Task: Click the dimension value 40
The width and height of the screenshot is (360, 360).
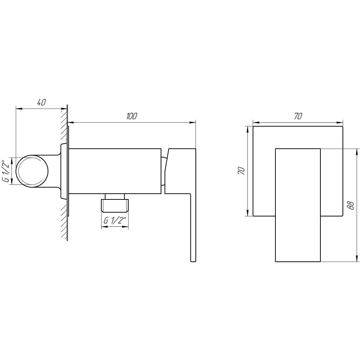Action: (x=41, y=103)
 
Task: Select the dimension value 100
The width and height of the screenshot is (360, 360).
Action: (x=132, y=116)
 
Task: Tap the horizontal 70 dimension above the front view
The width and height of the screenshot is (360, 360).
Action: (x=298, y=116)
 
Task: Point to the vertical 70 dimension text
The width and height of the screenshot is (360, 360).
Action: (x=242, y=171)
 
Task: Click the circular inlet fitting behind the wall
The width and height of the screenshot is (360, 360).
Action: (x=33, y=171)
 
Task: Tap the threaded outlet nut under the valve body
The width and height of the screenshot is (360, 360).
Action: (x=115, y=204)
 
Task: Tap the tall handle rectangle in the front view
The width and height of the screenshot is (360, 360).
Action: (x=298, y=205)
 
